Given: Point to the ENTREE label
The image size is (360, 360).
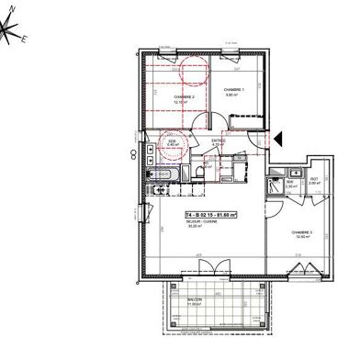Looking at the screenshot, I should pos(218,140).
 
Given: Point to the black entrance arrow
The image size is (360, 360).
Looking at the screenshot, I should pos(279,138).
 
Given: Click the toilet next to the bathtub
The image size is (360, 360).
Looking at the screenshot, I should pos(199,173).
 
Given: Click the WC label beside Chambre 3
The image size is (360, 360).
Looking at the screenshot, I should pos(312,179).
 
